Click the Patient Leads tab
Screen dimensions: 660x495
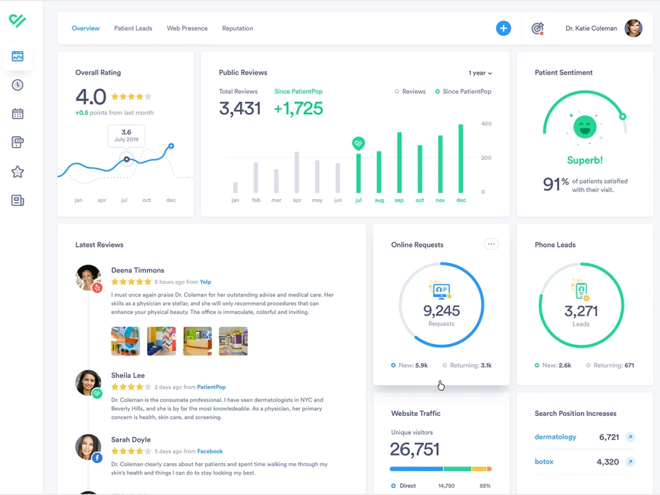pyautogui.click(x=133, y=28)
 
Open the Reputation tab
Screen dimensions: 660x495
pyautogui.click(x=238, y=28)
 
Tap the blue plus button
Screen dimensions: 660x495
pyautogui.click(x=503, y=28)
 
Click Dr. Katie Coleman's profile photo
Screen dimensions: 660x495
pyautogui.click(x=633, y=28)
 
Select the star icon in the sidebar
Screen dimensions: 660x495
pyautogui.click(x=17, y=172)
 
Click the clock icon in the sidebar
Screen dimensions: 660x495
pyautogui.click(x=17, y=85)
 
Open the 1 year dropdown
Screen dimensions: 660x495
pyautogui.click(x=480, y=73)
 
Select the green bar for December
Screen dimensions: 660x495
pyautogui.click(x=461, y=158)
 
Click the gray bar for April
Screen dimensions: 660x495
pyautogui.click(x=297, y=172)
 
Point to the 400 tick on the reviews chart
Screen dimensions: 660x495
pyautogui.click(x=486, y=124)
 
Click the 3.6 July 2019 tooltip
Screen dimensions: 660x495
pyautogui.click(x=126, y=135)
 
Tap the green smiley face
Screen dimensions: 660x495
pyautogui.click(x=585, y=127)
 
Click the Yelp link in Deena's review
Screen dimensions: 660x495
pyautogui.click(x=205, y=282)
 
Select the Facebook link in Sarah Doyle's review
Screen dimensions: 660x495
pyautogui.click(x=210, y=451)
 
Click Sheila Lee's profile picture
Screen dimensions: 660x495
pyautogui.click(x=88, y=383)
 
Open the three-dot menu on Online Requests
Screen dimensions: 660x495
pyautogui.click(x=491, y=244)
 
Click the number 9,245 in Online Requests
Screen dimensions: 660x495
pyautogui.click(x=441, y=311)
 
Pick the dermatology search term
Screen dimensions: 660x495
pyautogui.click(x=555, y=437)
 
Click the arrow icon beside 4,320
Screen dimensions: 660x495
pyautogui.click(x=630, y=462)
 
